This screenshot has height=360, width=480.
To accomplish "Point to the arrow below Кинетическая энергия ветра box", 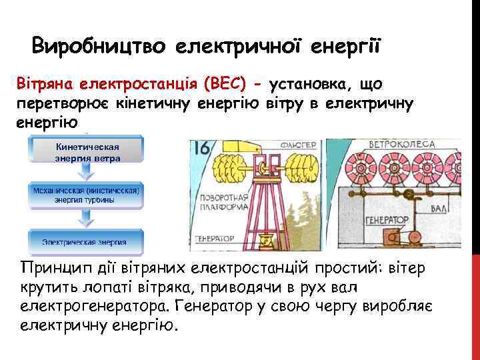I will pyautogui.click(x=85, y=171).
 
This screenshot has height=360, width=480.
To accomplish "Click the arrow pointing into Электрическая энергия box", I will pyautogui.click(x=85, y=217).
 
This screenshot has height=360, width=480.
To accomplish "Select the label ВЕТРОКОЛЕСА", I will pyautogui.click(x=403, y=143).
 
